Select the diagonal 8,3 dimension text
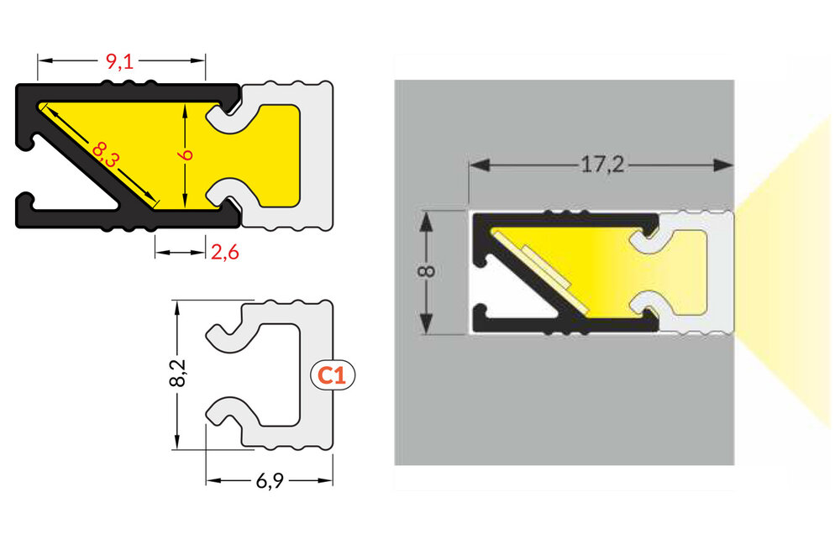(x=105, y=155)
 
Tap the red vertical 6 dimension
(x=187, y=154)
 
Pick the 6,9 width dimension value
(x=270, y=481)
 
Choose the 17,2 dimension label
(x=601, y=165)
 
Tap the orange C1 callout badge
(x=333, y=375)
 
